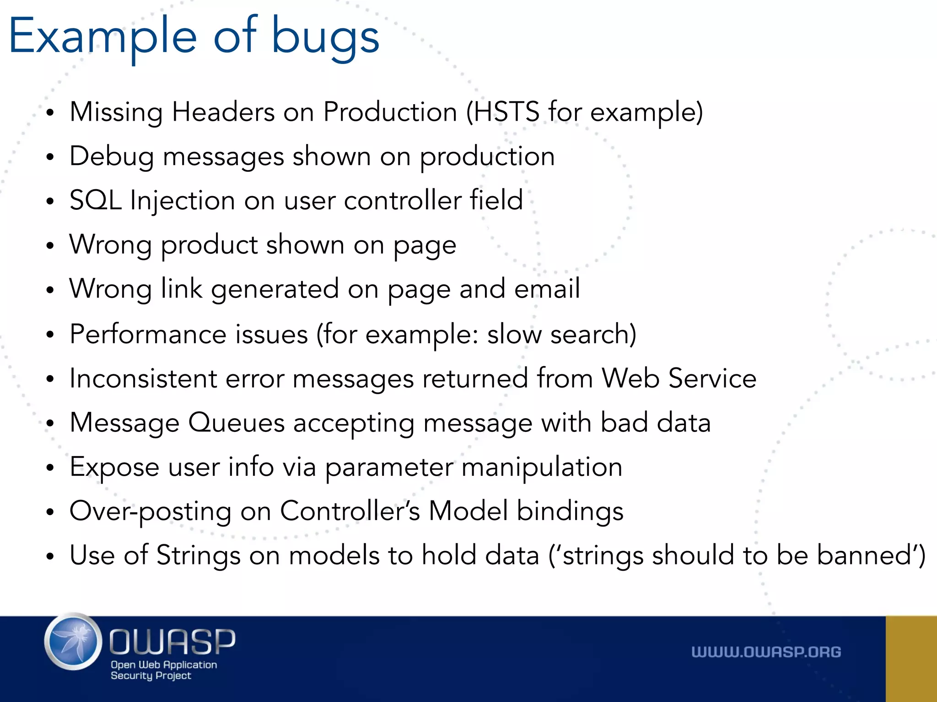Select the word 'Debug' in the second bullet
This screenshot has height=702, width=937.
(111, 157)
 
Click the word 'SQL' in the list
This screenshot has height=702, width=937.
(95, 200)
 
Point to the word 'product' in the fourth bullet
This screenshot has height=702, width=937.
(210, 245)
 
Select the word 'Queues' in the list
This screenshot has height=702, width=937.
(237, 423)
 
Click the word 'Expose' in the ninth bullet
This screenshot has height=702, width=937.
(114, 467)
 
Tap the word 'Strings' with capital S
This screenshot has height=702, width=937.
(198, 555)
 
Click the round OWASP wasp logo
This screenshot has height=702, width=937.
(73, 642)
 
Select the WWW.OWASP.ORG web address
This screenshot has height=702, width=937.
(766, 652)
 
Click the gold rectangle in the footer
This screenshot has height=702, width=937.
(911, 659)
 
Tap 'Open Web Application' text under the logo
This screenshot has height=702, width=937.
(164, 665)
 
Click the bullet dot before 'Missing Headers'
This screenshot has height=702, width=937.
(50, 113)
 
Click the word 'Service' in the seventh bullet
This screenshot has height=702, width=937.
(712, 378)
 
